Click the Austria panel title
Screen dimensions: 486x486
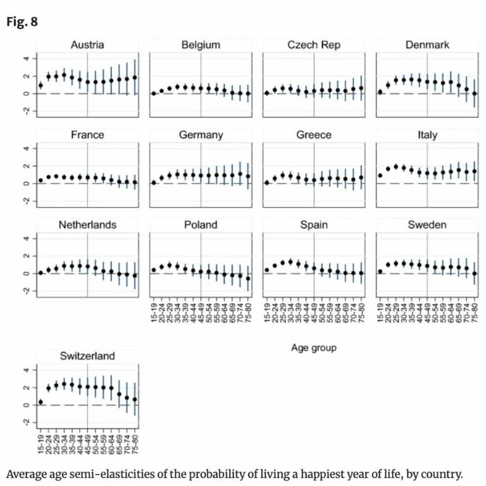(x=87, y=45)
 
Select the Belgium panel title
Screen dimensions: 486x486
(x=200, y=45)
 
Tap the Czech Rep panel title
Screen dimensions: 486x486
(x=313, y=45)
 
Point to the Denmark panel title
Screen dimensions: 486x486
(x=427, y=45)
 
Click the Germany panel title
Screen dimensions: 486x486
(x=200, y=135)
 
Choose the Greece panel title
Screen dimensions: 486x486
(x=313, y=135)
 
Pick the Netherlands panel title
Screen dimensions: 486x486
(x=87, y=225)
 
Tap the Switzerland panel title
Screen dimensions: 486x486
(x=87, y=356)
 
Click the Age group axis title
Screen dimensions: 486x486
(x=313, y=347)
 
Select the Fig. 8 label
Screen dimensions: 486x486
(x=22, y=22)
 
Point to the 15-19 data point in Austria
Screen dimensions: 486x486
(x=40, y=85)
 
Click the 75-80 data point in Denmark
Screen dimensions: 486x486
(x=475, y=94)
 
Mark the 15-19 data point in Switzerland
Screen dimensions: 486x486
(x=40, y=402)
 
